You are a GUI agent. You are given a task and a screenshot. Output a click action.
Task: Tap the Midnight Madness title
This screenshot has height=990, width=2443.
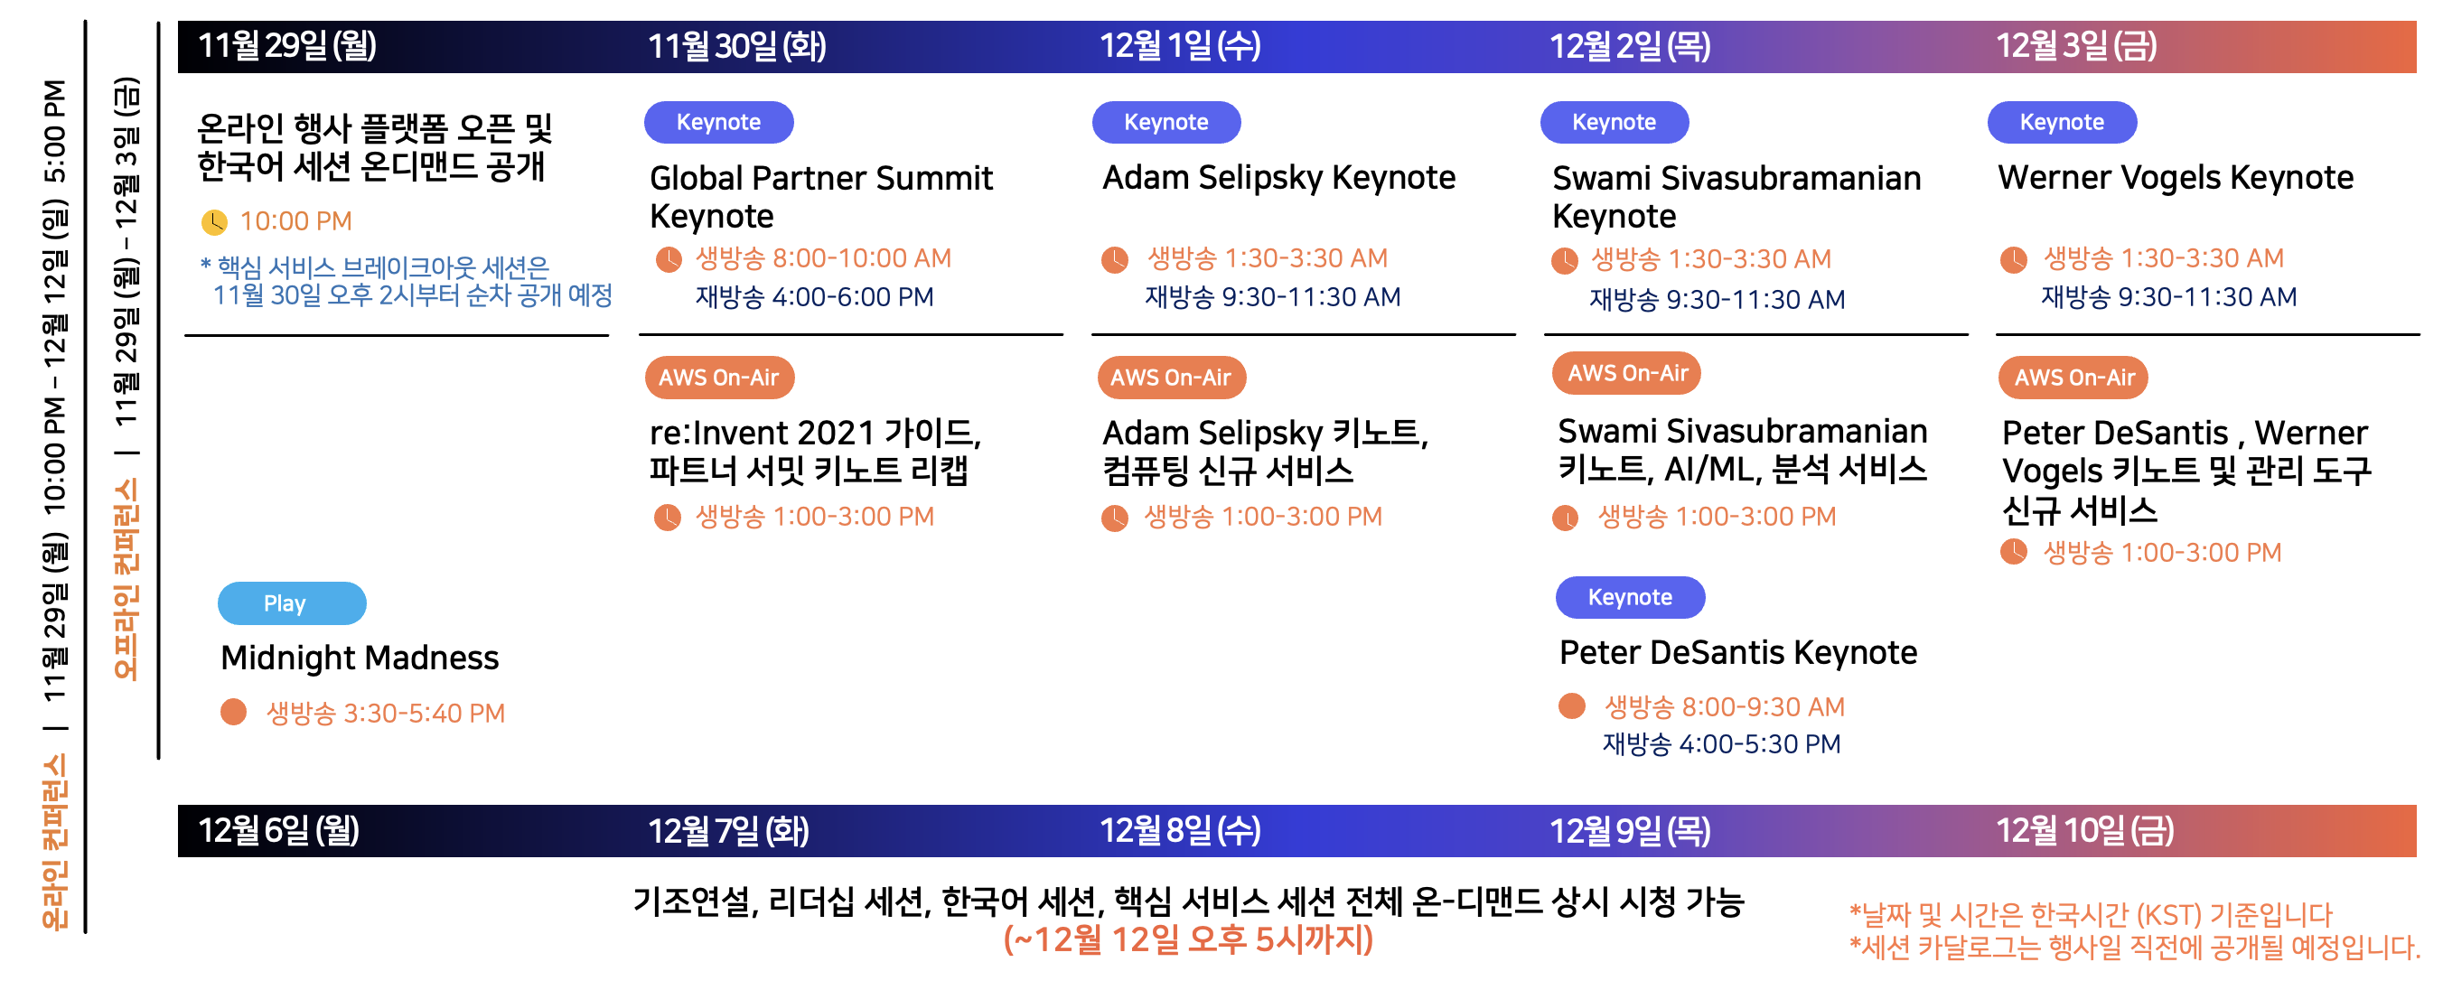point(360,658)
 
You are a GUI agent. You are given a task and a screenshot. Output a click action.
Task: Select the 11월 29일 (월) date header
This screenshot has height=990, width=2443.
point(286,45)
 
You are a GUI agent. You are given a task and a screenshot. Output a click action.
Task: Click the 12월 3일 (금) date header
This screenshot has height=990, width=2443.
point(2076,45)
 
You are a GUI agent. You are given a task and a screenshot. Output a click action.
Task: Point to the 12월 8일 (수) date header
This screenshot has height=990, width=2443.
point(1180,831)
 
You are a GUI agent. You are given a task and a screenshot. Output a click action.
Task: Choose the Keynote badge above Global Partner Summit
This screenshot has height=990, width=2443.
point(718,122)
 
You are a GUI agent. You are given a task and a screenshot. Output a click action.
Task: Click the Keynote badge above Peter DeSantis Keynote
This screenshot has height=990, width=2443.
point(1629,597)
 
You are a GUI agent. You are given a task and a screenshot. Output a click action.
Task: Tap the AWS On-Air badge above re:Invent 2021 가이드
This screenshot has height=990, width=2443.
point(719,378)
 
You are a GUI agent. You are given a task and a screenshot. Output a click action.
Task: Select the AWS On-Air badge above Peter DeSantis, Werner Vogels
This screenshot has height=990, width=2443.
point(2073,378)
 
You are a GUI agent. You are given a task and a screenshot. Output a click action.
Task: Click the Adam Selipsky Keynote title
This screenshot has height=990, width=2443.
point(1278,177)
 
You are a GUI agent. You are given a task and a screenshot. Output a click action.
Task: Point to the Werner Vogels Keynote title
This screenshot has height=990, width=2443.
point(2176,177)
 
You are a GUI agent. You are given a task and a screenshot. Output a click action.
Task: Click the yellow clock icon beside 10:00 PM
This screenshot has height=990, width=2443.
point(214,222)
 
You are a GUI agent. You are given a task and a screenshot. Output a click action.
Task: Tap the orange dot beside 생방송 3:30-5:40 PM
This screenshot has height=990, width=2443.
point(233,712)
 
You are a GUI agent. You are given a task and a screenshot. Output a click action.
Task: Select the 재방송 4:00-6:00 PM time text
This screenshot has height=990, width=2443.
point(815,297)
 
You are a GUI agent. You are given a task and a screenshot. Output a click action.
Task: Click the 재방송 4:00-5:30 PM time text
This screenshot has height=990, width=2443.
point(1721,744)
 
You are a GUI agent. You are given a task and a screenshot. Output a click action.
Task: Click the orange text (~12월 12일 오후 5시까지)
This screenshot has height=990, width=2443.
point(1188,939)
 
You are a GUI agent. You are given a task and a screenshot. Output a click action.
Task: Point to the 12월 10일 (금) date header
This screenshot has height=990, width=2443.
point(2084,831)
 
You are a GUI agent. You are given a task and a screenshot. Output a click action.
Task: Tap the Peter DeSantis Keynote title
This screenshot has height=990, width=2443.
point(1737,652)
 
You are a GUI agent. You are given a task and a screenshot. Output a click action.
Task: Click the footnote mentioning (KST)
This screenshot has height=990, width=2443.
point(2091,915)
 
